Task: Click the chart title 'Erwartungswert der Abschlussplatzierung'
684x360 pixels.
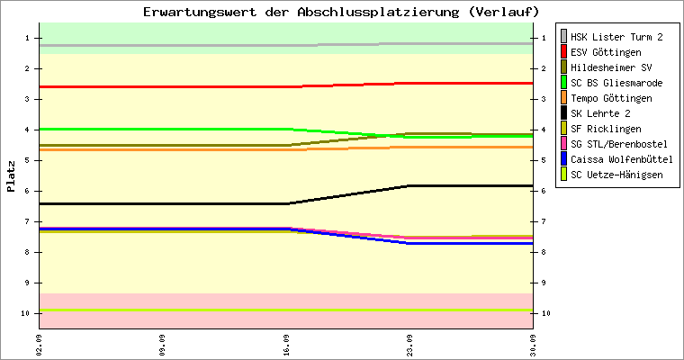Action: click(301, 12)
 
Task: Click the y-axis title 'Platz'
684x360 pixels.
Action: click(11, 176)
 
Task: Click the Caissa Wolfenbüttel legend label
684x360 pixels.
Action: click(622, 159)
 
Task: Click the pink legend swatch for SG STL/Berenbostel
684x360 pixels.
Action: click(563, 144)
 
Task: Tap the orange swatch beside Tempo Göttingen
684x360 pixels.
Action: click(563, 98)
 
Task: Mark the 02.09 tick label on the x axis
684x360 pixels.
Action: click(40, 346)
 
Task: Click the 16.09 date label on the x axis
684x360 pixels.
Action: click(286, 346)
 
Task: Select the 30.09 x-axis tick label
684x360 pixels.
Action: click(533, 346)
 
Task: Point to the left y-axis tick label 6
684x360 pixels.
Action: click(27, 191)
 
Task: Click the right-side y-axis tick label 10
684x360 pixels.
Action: click(546, 313)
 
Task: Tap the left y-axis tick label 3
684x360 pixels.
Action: click(27, 99)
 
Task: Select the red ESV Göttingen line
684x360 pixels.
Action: click(286, 86)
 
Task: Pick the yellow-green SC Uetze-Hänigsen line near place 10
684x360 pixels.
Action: click(286, 310)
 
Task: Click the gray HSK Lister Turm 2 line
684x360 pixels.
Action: click(286, 45)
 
